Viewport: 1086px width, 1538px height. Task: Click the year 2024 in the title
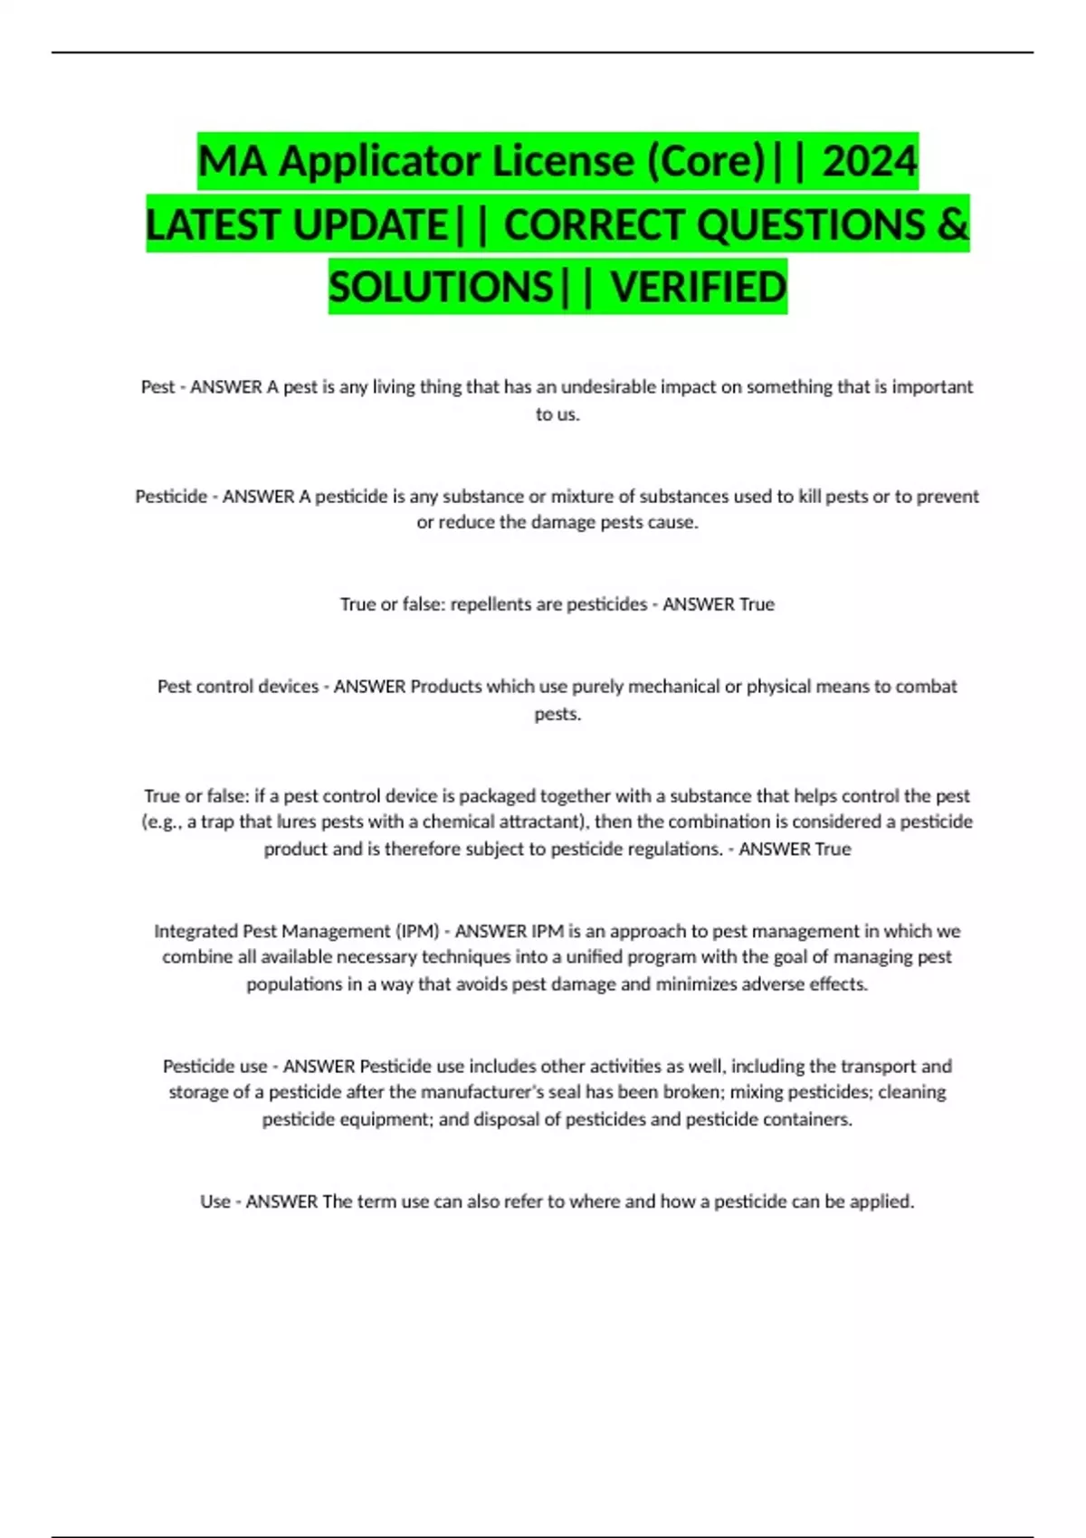[x=870, y=161]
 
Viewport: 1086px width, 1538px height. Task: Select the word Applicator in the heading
[x=379, y=161]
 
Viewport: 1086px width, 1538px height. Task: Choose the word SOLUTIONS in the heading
[x=441, y=287]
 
